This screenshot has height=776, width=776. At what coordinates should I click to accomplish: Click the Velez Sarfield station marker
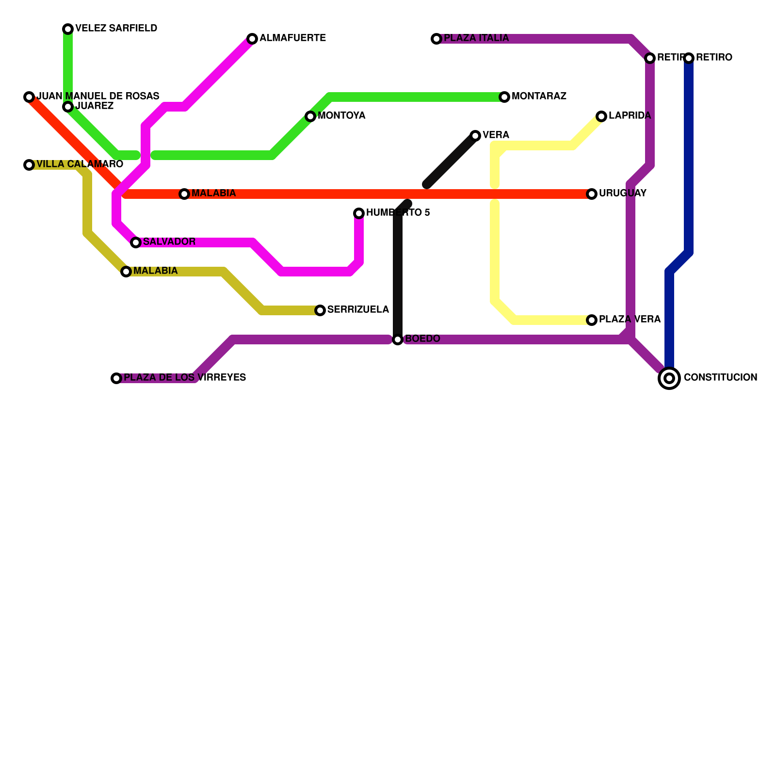68,29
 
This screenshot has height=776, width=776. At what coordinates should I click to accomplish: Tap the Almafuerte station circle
252,39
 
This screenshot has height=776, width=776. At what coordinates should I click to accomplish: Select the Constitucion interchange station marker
669,378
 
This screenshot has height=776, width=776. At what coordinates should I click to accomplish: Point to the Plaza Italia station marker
436,39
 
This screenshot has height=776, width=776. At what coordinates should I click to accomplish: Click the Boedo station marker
398,339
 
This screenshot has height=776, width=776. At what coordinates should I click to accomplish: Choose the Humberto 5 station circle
359,213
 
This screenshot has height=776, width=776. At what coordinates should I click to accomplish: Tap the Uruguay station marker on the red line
592,194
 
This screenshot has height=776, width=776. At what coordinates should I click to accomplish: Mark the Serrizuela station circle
320,310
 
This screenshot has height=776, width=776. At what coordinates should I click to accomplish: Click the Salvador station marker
136,242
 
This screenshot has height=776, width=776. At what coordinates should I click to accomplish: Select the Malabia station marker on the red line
184,194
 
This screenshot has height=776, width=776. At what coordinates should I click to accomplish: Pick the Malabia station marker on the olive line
126,272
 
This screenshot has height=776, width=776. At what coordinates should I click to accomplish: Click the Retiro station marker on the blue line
689,58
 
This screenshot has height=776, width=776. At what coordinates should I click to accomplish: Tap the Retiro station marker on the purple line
650,58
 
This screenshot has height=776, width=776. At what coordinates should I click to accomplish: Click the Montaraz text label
539,97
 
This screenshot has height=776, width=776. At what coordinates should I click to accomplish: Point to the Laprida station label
630,116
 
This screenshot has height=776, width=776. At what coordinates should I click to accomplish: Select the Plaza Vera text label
630,320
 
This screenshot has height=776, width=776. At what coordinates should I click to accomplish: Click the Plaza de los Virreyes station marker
116,378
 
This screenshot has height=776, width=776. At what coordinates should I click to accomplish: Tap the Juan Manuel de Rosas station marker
29,97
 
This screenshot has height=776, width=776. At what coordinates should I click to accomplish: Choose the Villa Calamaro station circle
29,165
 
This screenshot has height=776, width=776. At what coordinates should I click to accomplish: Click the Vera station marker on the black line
475,136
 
